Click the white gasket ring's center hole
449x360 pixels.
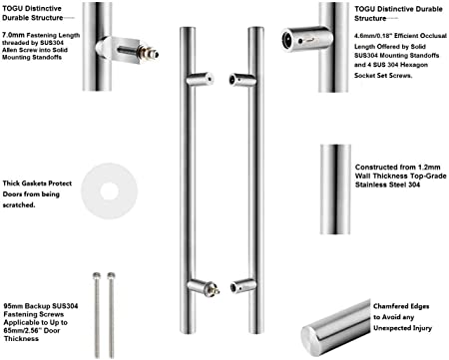click(109, 191)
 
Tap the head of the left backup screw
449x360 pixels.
click(97, 275)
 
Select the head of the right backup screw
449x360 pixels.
click(111, 275)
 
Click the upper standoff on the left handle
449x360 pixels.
click(200, 79)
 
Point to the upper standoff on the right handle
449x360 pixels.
click(242, 80)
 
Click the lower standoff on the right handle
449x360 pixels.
click(243, 286)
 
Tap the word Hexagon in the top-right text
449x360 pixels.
click(414, 65)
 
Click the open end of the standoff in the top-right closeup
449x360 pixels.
click(287, 40)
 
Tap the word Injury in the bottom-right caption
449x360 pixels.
click(422, 328)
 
